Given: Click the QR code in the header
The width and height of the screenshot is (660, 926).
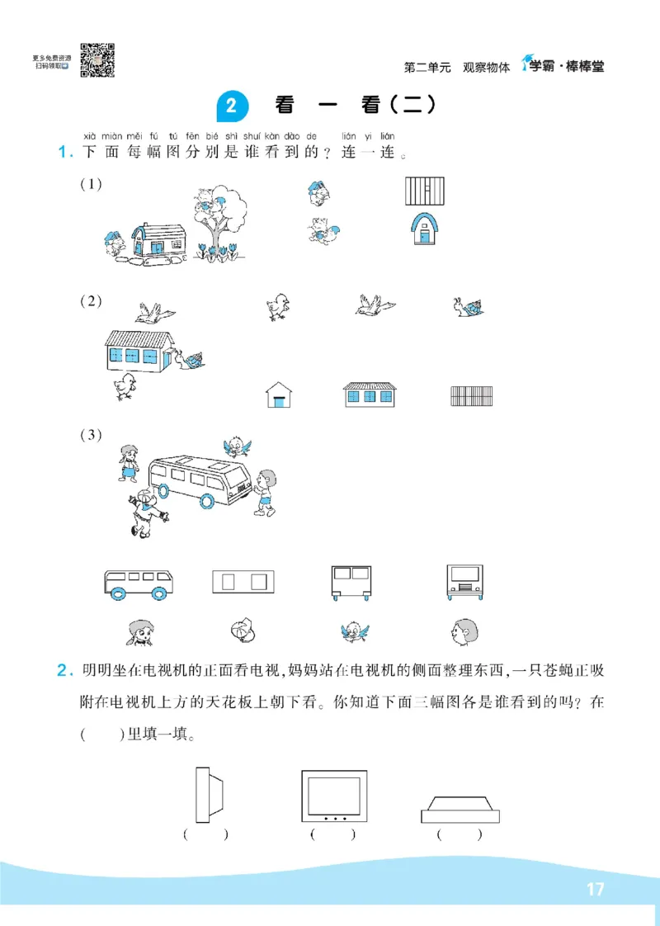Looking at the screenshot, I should (97, 60).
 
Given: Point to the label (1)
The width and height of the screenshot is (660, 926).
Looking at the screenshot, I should (91, 184).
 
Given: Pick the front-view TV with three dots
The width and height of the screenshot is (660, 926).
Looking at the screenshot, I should (333, 796).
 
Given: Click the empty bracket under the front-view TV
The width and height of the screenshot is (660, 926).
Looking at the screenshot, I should (333, 834).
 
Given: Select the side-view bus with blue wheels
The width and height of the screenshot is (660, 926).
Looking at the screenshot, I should (139, 583).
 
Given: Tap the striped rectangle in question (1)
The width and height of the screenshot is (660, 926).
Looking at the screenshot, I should (425, 191).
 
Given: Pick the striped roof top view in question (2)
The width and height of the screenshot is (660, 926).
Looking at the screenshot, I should (472, 396).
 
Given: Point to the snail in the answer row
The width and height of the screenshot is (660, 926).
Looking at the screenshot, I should (468, 308).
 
